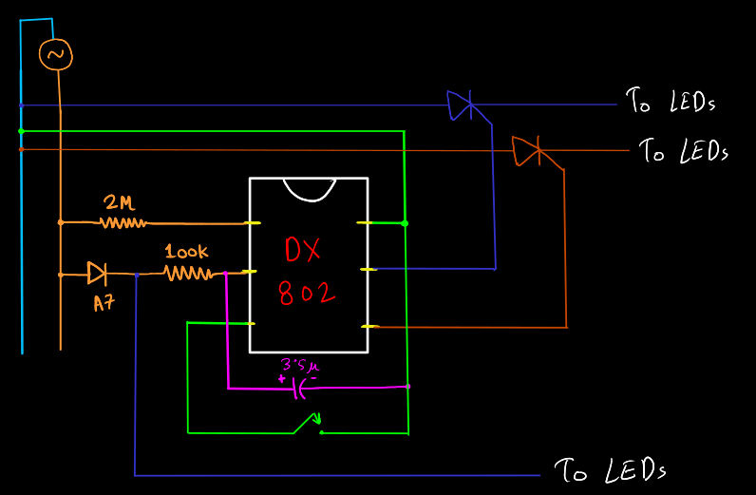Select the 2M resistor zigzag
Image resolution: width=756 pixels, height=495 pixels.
tap(123, 223)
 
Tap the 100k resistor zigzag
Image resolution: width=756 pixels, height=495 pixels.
tap(188, 274)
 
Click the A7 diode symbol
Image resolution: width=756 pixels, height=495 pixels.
tap(97, 274)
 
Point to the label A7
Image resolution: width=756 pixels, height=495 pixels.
tap(103, 304)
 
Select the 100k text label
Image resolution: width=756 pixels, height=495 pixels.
tap(186, 253)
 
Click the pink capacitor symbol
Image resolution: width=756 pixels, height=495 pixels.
tap(302, 388)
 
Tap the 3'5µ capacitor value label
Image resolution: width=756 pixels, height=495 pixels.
tap(300, 365)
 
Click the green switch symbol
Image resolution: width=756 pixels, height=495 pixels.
tap(308, 424)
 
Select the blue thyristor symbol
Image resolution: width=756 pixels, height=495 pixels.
tap(462, 105)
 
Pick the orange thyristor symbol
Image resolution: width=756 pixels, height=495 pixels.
tap(526, 150)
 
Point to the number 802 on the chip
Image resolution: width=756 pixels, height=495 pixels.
tap(307, 293)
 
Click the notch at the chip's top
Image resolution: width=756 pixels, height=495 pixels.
tap(308, 188)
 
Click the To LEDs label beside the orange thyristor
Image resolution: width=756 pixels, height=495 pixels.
tap(683, 151)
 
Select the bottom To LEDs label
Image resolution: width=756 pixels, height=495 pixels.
tap(610, 469)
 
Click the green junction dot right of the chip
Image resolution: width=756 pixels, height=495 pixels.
tap(406, 223)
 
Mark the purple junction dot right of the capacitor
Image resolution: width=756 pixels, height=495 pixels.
tap(407, 387)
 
